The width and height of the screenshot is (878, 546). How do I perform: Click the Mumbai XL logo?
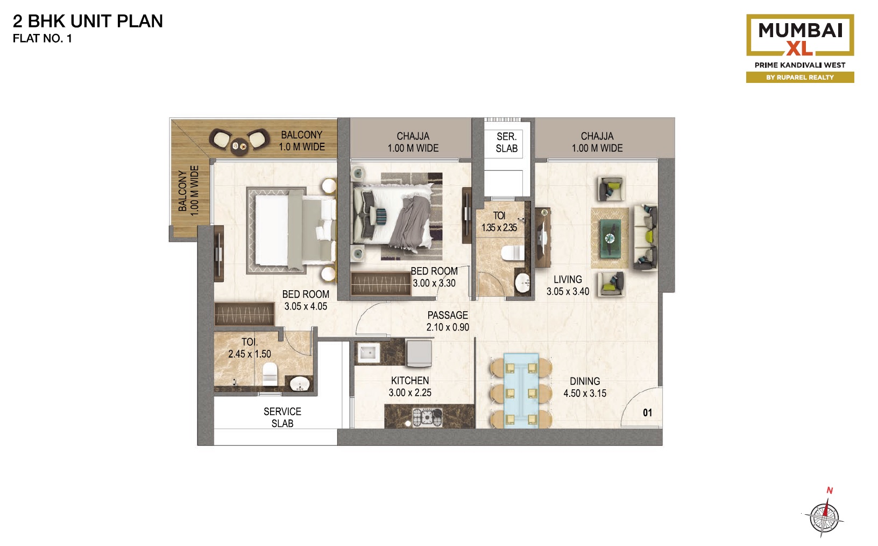click(x=799, y=48)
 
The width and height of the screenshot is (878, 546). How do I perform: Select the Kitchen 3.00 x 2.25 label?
click(x=410, y=387)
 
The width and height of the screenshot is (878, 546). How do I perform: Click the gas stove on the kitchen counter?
click(x=428, y=417)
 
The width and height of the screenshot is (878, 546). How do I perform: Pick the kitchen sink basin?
click(x=369, y=353)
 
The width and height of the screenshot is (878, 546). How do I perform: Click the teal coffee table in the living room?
click(x=610, y=239)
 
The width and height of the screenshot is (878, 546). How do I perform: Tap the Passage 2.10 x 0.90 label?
click(x=448, y=321)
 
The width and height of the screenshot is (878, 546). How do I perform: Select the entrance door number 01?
click(x=648, y=412)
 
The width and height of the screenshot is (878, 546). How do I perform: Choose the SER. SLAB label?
click(x=506, y=142)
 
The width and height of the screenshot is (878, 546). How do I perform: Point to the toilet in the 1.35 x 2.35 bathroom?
click(x=512, y=253)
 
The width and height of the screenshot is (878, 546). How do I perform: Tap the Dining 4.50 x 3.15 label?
click(x=585, y=387)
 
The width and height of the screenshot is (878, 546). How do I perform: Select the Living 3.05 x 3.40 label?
click(x=568, y=285)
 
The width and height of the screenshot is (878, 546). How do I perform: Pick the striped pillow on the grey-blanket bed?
click(x=380, y=216)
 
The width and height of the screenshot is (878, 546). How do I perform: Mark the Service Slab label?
click(x=282, y=417)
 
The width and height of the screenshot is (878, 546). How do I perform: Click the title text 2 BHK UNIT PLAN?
click(x=88, y=21)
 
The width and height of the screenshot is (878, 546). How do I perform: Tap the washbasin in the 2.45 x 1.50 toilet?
click(x=300, y=383)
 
